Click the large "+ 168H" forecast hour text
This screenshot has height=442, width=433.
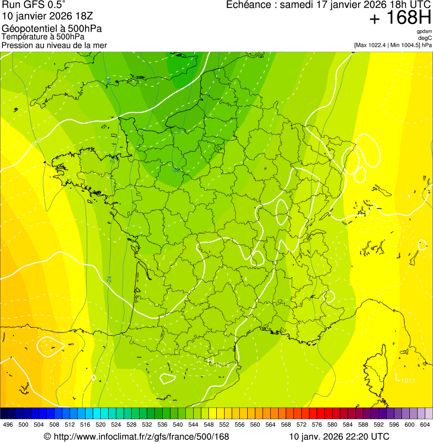(400, 19)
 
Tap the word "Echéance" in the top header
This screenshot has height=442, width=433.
(248, 5)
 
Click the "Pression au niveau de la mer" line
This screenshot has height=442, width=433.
(54, 45)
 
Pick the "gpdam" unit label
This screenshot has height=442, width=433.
(425, 31)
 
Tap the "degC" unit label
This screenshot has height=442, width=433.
(425, 38)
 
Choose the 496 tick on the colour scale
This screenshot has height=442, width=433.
(8, 425)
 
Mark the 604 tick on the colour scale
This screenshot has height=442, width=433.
(425, 425)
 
